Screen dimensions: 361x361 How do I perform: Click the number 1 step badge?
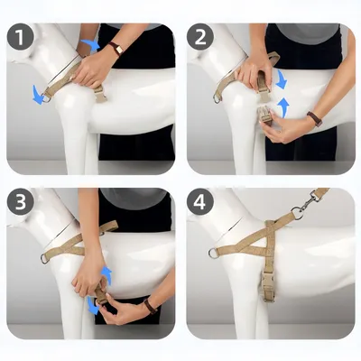pyautogui.click(x=20, y=38)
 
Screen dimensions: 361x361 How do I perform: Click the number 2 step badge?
pyautogui.click(x=200, y=38)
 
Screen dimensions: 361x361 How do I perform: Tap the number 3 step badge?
pyautogui.click(x=20, y=202)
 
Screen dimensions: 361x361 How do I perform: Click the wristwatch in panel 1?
pyautogui.click(x=116, y=49)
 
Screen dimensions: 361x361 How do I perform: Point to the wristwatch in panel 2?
pyautogui.click(x=315, y=118)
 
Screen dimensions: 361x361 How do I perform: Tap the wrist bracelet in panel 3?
pyautogui.click(x=150, y=307)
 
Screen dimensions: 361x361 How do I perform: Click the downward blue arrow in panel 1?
pyautogui.click(x=38, y=94)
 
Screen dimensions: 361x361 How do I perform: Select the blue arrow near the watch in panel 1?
pyautogui.click(x=91, y=44)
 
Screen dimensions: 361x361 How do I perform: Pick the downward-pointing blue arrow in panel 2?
pyautogui.click(x=282, y=79)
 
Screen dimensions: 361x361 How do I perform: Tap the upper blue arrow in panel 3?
pyautogui.click(x=106, y=275)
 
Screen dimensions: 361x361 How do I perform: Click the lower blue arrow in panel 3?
pyautogui.click(x=93, y=305)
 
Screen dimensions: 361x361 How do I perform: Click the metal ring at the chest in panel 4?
pyautogui.click(x=213, y=254)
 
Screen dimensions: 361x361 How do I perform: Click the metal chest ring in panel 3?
pyautogui.click(x=44, y=258)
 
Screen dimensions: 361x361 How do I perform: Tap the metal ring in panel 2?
pyautogui.click(x=218, y=98)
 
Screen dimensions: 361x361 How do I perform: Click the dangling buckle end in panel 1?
pyautogui.click(x=99, y=94)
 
